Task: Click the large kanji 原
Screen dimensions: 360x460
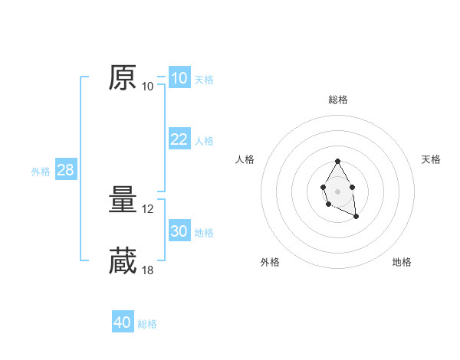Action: click(123, 78)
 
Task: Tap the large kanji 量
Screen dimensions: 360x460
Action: click(123, 201)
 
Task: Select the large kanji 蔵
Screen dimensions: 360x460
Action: click(123, 261)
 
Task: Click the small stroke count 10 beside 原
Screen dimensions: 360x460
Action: click(148, 87)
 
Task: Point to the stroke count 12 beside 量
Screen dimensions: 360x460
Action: click(149, 209)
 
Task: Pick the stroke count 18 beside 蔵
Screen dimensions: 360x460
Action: click(149, 270)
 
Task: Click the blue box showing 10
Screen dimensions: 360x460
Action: click(179, 78)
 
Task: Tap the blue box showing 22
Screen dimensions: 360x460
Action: click(179, 139)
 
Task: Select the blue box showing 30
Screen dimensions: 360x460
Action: click(179, 231)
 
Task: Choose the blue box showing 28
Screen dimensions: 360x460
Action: click(65, 170)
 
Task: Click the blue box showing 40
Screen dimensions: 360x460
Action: click(123, 322)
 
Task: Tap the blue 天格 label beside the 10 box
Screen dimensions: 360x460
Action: click(204, 80)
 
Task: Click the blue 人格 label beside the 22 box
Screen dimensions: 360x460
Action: click(204, 141)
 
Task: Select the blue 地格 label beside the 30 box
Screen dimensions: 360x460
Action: click(204, 233)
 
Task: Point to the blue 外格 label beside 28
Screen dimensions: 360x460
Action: click(41, 172)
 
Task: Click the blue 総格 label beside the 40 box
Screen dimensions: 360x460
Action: click(147, 324)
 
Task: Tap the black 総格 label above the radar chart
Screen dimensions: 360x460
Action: click(337, 100)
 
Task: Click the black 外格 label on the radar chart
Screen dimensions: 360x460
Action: click(270, 262)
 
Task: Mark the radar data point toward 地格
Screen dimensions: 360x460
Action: click(356, 218)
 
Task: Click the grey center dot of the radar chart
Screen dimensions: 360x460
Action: click(337, 191)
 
